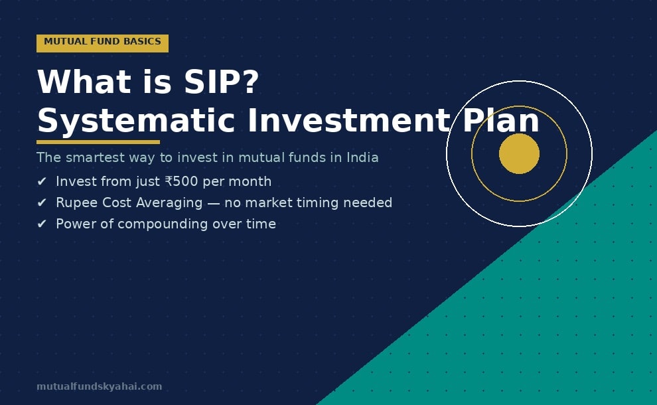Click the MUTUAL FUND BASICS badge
click(x=102, y=42)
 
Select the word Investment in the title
click(x=348, y=121)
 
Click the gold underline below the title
click(x=98, y=141)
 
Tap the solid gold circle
click(x=519, y=153)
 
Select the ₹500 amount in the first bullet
click(x=181, y=182)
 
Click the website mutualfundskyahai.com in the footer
click(x=99, y=386)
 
